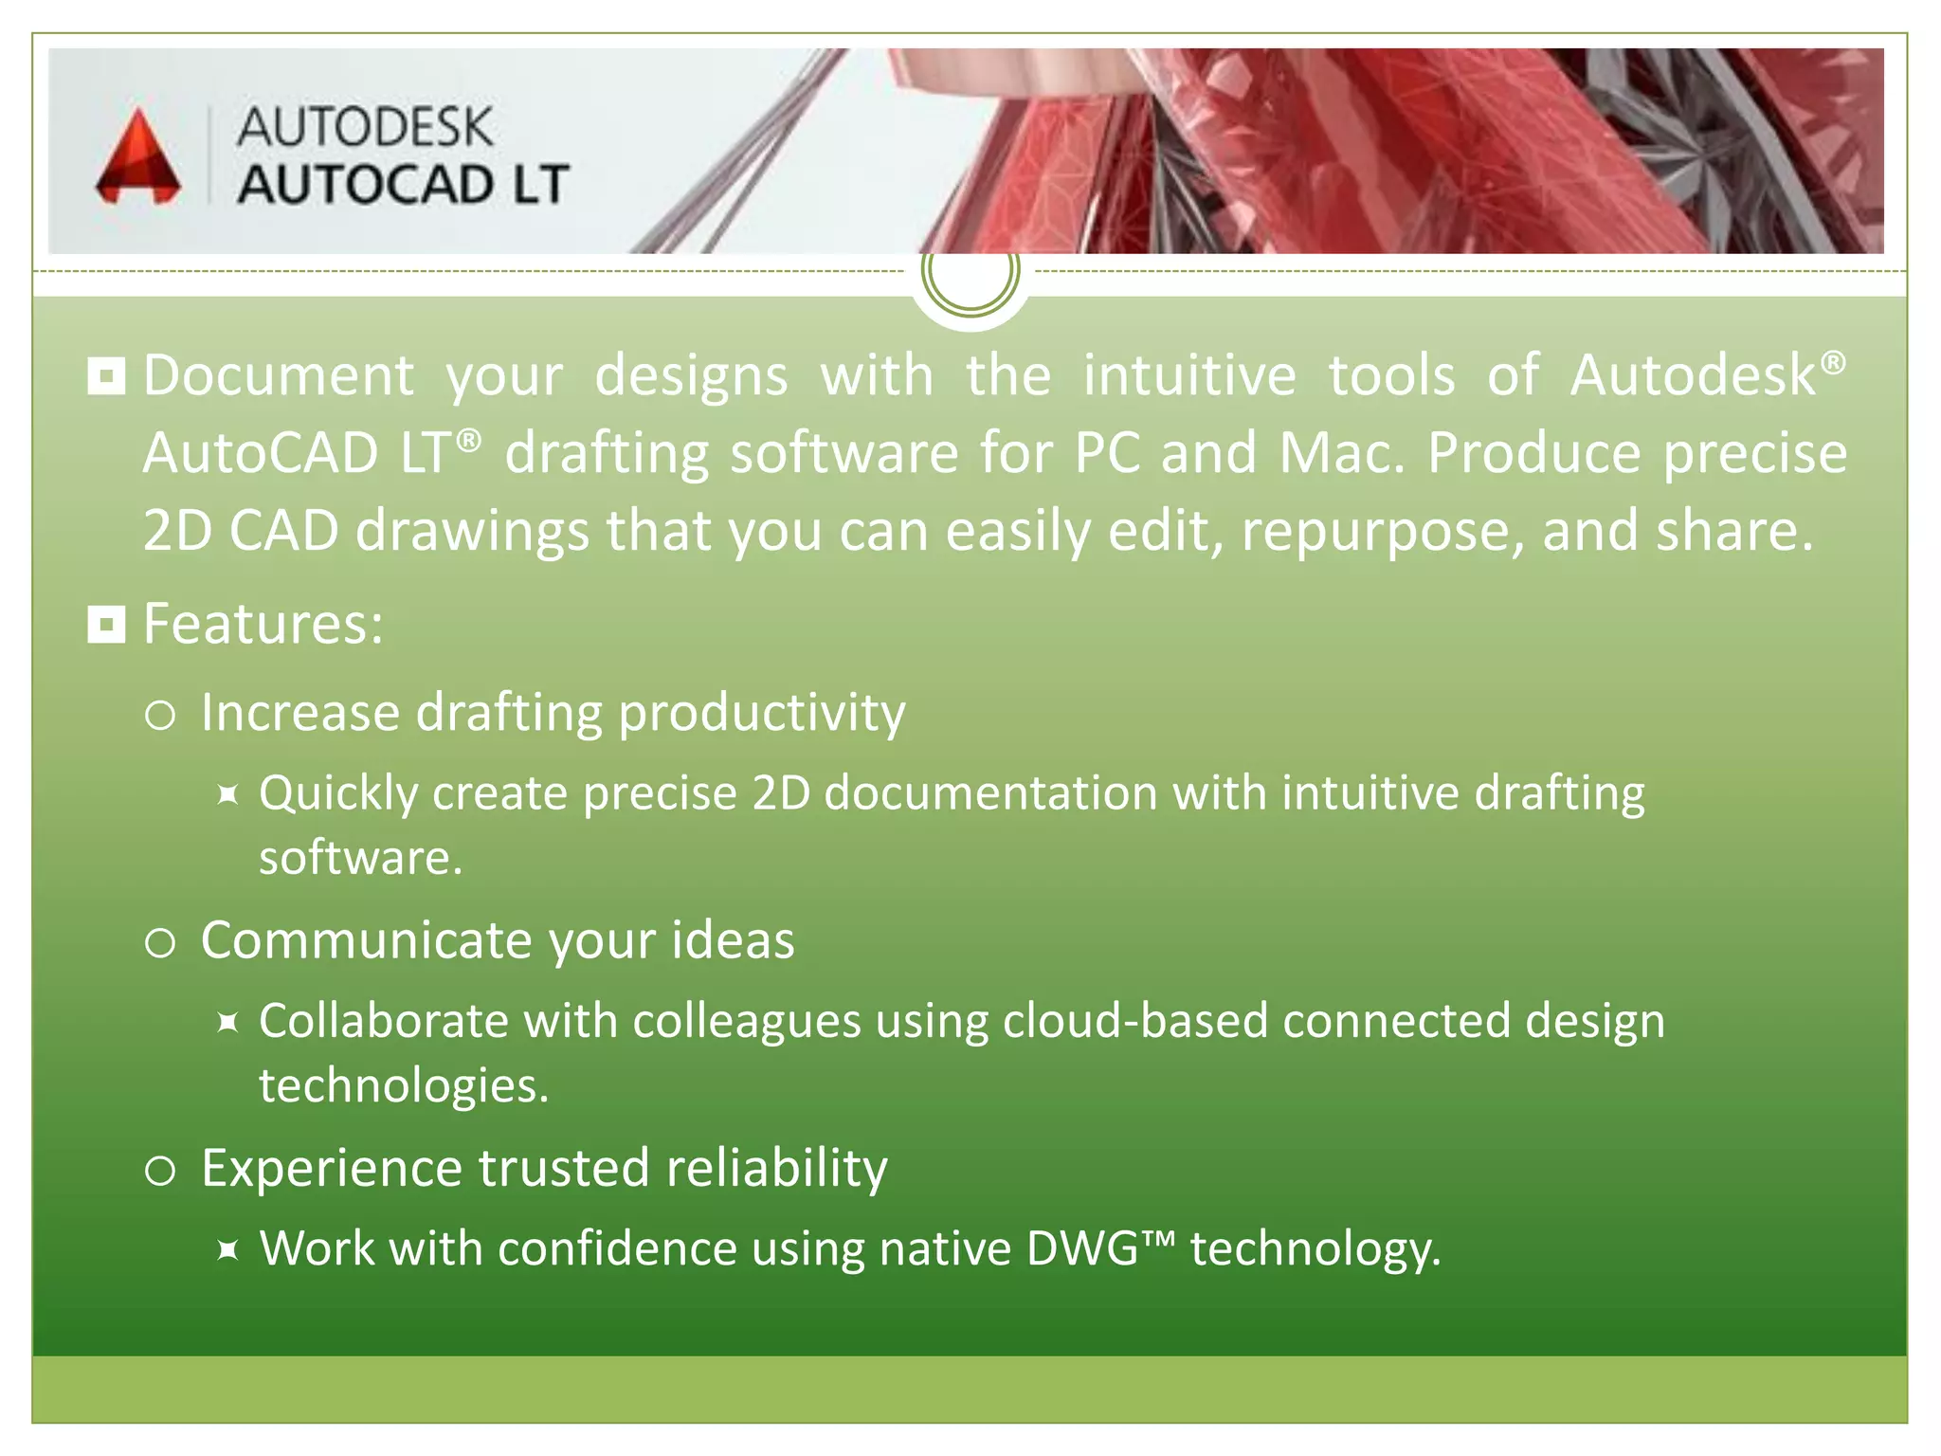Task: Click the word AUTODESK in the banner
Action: point(365,128)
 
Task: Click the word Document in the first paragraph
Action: point(279,375)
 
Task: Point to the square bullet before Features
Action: point(106,625)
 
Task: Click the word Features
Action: point(263,625)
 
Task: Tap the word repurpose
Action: point(1383,531)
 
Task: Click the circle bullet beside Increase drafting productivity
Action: point(160,715)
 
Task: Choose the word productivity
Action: point(762,713)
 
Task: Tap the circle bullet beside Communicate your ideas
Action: point(160,942)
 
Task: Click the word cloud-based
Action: point(1134,1021)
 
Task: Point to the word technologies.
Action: point(404,1085)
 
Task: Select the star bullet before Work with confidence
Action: point(227,1249)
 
